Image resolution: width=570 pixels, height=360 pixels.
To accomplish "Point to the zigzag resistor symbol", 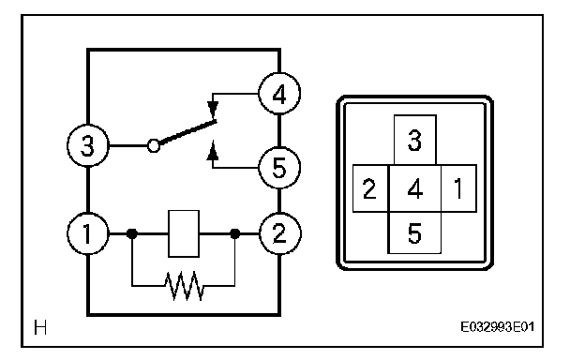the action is tap(185, 286).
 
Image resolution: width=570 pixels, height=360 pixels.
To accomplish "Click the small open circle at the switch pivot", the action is tap(154, 146).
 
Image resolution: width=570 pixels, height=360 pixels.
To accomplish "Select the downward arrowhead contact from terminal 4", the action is tap(213, 109).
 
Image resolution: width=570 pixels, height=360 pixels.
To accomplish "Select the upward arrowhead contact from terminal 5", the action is tap(213, 151).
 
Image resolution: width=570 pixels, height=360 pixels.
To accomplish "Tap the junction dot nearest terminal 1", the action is tap(132, 233).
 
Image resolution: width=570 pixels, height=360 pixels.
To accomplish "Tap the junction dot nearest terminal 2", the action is tap(235, 233).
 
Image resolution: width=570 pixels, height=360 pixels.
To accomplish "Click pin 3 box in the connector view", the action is tap(415, 140).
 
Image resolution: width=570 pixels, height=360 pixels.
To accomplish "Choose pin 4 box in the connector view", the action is tap(415, 188).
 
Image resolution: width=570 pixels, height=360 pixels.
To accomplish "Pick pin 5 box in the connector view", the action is tap(414, 232).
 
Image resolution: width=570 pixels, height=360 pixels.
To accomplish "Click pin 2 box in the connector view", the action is tap(370, 188).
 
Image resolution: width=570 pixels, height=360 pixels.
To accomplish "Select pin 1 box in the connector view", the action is tap(458, 188).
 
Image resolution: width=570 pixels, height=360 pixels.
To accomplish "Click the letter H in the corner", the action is tap(40, 327).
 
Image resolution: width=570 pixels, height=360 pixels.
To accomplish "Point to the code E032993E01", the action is tap(497, 327).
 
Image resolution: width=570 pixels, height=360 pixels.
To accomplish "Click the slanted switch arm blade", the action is tap(187, 132).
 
